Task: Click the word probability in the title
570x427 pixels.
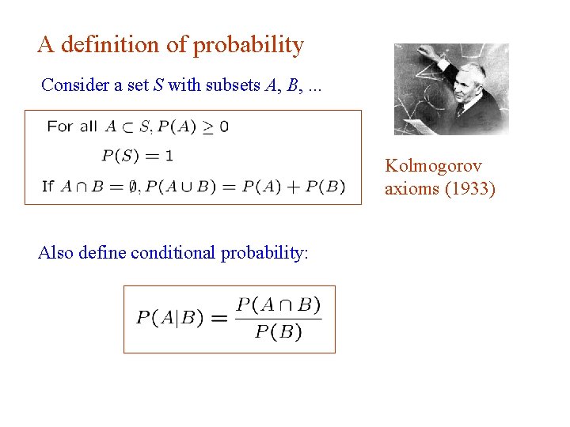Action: (x=248, y=46)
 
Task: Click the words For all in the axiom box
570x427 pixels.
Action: (x=72, y=126)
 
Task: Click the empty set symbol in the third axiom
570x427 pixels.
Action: (x=133, y=187)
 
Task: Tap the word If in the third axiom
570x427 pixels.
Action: (x=47, y=187)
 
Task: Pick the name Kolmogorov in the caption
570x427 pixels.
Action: (x=433, y=166)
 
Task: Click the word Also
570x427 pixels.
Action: (x=56, y=253)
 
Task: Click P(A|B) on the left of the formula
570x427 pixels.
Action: (x=169, y=318)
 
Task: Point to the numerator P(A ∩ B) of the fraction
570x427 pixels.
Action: (x=279, y=304)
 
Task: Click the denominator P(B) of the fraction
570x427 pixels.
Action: (x=279, y=332)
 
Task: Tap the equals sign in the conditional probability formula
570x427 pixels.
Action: (x=219, y=318)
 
